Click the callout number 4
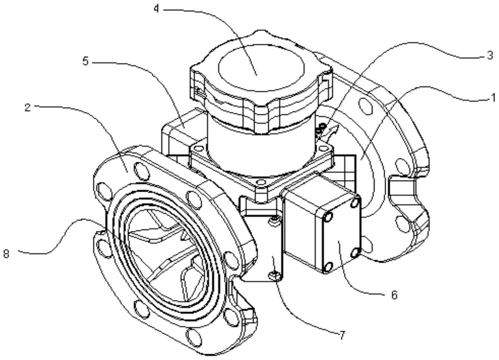[x=156, y=9]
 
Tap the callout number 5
[x=86, y=61]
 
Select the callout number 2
[x=28, y=107]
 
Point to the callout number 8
[x=6, y=253]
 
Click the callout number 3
[x=489, y=55]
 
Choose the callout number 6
[x=394, y=295]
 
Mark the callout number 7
[x=342, y=335]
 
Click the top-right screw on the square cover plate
[x=355, y=203]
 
